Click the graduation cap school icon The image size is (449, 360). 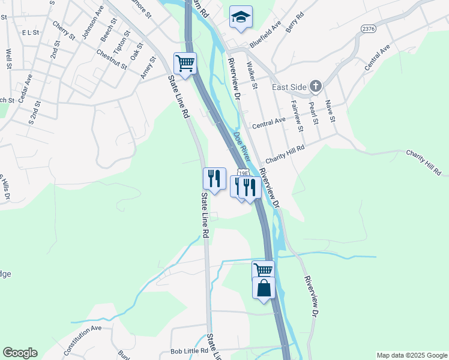(241, 17)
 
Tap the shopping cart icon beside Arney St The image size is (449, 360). (185, 62)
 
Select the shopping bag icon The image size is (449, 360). (264, 288)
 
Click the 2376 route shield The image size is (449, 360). (369, 29)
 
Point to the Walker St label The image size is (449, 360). (252, 77)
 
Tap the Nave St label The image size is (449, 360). (329, 111)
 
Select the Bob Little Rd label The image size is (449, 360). (189, 350)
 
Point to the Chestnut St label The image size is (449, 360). (112, 58)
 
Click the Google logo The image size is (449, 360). (20, 353)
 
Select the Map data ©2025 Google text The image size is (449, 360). (411, 355)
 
